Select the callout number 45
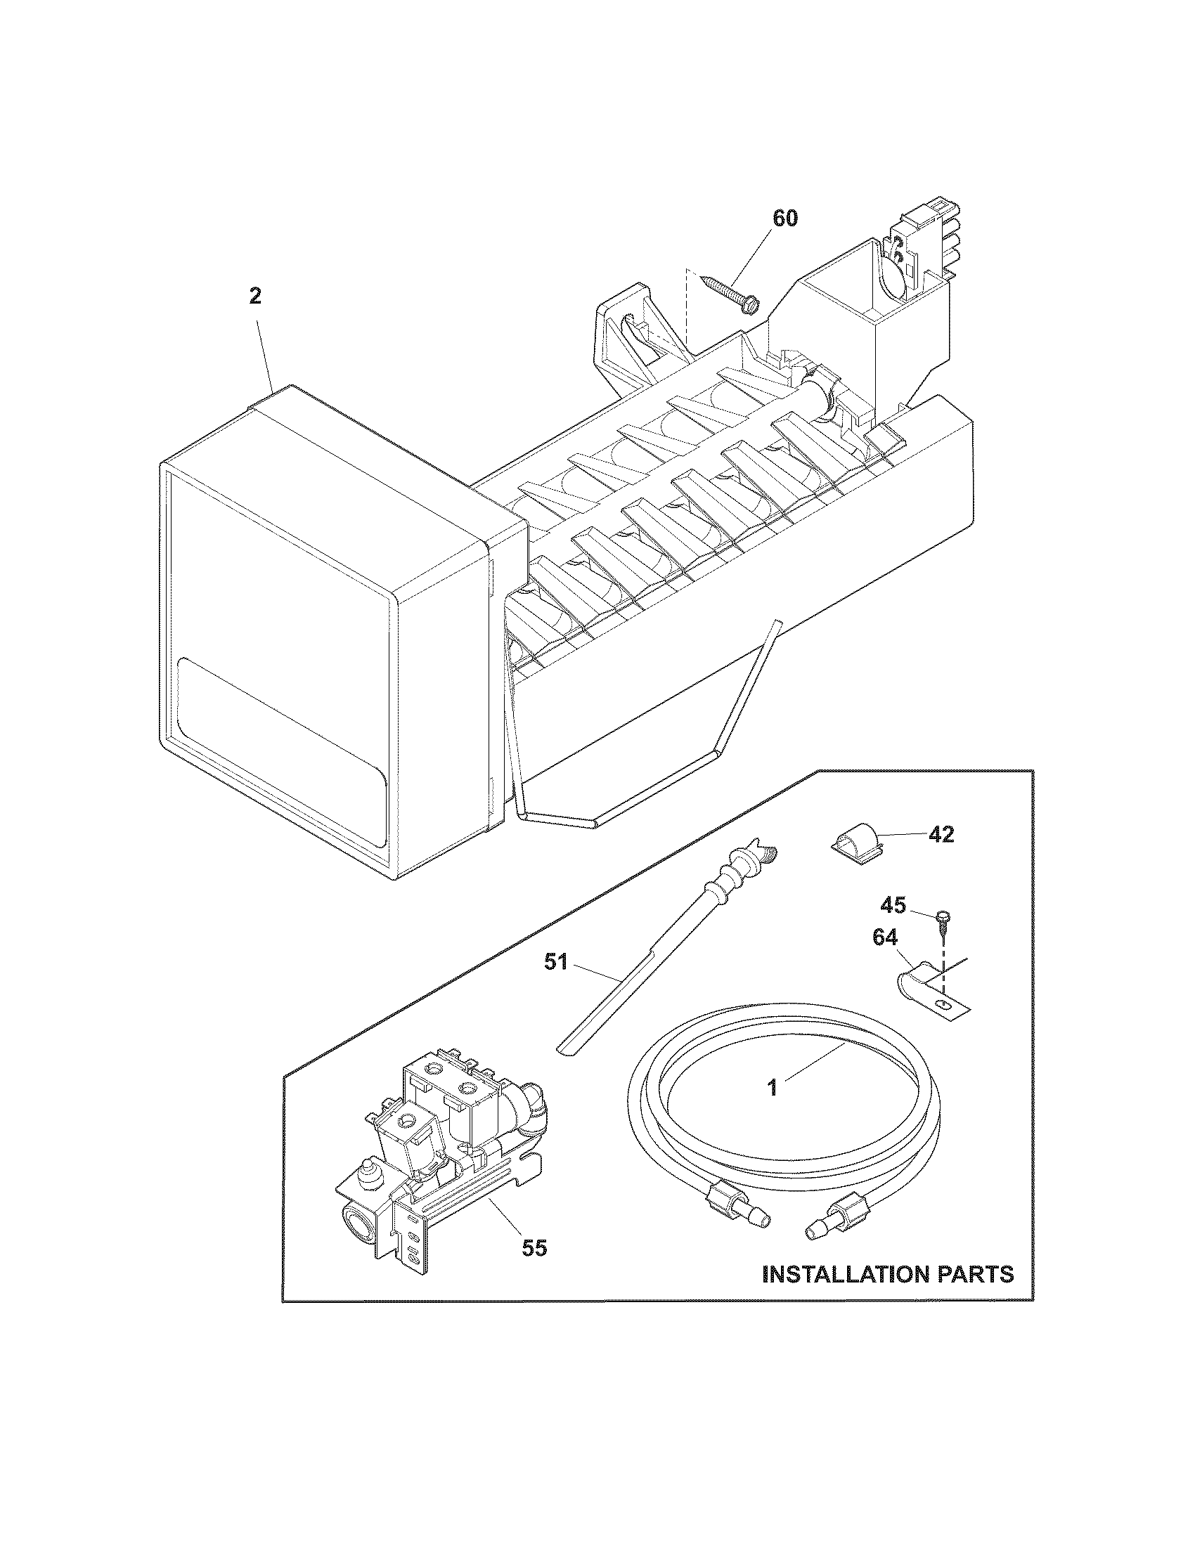(x=893, y=904)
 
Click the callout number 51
(x=556, y=962)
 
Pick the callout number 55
(x=534, y=1248)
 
